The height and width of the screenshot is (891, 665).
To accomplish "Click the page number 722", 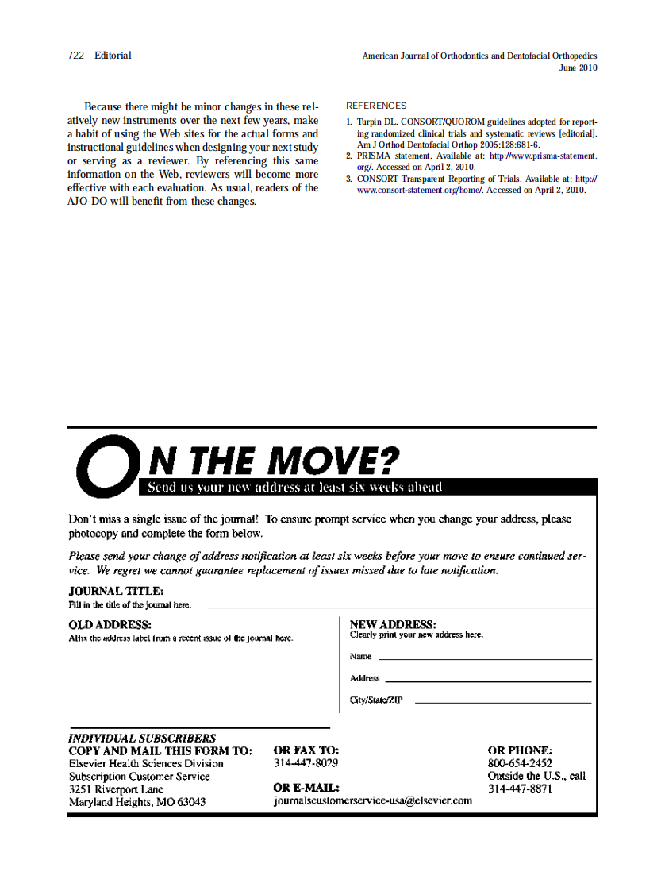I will click(x=76, y=56).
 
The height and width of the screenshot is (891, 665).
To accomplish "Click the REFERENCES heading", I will click(x=376, y=106).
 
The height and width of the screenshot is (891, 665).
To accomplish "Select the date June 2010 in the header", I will click(x=578, y=68).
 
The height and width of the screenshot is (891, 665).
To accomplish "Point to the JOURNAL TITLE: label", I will click(x=116, y=591).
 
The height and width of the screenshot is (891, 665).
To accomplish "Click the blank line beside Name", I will click(x=485, y=659).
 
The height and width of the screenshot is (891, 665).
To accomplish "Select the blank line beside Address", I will click(x=488, y=681).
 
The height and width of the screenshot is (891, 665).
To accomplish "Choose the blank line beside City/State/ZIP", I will click(x=503, y=703).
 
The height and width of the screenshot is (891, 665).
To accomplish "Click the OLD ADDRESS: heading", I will click(x=110, y=625).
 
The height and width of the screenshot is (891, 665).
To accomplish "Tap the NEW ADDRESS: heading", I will click(x=393, y=625).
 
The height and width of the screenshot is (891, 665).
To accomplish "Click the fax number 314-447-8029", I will click(x=306, y=763).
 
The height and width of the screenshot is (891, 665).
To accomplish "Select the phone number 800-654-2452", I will click(x=520, y=763).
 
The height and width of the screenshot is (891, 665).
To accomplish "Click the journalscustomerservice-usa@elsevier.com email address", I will click(x=372, y=800).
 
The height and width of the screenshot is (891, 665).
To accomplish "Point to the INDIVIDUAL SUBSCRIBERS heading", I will click(x=142, y=738).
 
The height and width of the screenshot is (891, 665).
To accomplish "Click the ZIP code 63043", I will click(x=190, y=802).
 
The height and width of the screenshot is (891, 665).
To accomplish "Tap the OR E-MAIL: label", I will click(x=306, y=788).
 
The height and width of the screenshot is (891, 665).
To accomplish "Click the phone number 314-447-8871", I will click(x=520, y=789).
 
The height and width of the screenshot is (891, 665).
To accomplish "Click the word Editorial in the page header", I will click(x=113, y=56).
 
